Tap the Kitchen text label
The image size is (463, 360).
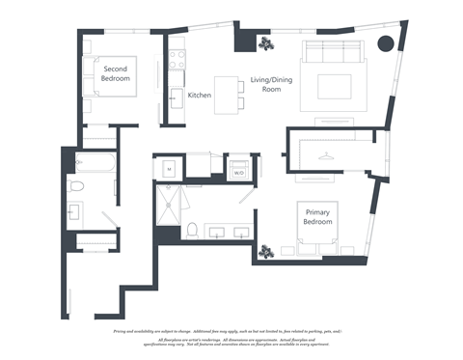tap(200, 96)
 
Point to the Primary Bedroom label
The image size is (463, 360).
tap(318, 217)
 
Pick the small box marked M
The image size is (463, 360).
tap(169, 168)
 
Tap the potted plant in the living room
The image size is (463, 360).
tap(264, 43)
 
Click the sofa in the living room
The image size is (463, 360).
tap(333, 54)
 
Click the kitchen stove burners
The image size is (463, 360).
tap(176, 57)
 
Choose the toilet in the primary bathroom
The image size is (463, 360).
tap(192, 229)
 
